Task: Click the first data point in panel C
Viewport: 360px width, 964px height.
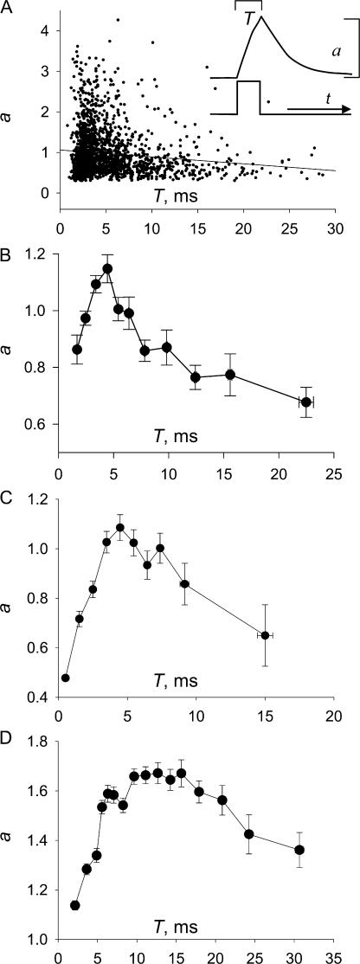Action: pyautogui.click(x=66, y=678)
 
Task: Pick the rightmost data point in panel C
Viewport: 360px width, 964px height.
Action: pyautogui.click(x=265, y=635)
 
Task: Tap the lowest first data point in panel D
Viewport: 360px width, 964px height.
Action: pyautogui.click(x=75, y=905)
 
